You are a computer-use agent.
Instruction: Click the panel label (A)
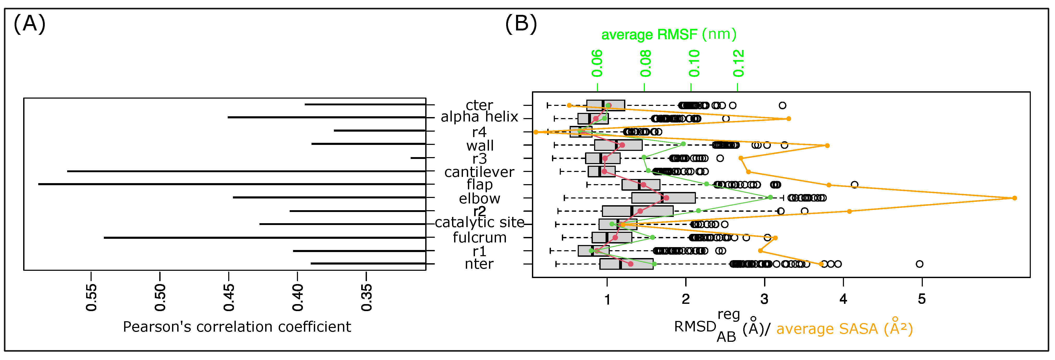[x=29, y=24]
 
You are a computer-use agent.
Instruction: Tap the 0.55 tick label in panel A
[x=91, y=297]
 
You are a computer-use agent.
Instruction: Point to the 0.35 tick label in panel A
[x=367, y=297]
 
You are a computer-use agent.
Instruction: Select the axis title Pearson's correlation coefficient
[x=237, y=327]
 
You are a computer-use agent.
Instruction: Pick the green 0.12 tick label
[x=738, y=63]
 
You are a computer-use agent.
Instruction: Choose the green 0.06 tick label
[x=597, y=63]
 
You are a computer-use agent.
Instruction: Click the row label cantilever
[x=479, y=172]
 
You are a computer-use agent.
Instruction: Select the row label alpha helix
[x=479, y=117]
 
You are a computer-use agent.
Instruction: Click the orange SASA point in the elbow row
[x=1014, y=198]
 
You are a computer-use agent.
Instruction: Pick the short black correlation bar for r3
[x=418, y=158]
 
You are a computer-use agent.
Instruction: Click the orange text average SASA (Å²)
[x=844, y=329]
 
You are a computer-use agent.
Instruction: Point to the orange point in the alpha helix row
[x=788, y=119]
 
